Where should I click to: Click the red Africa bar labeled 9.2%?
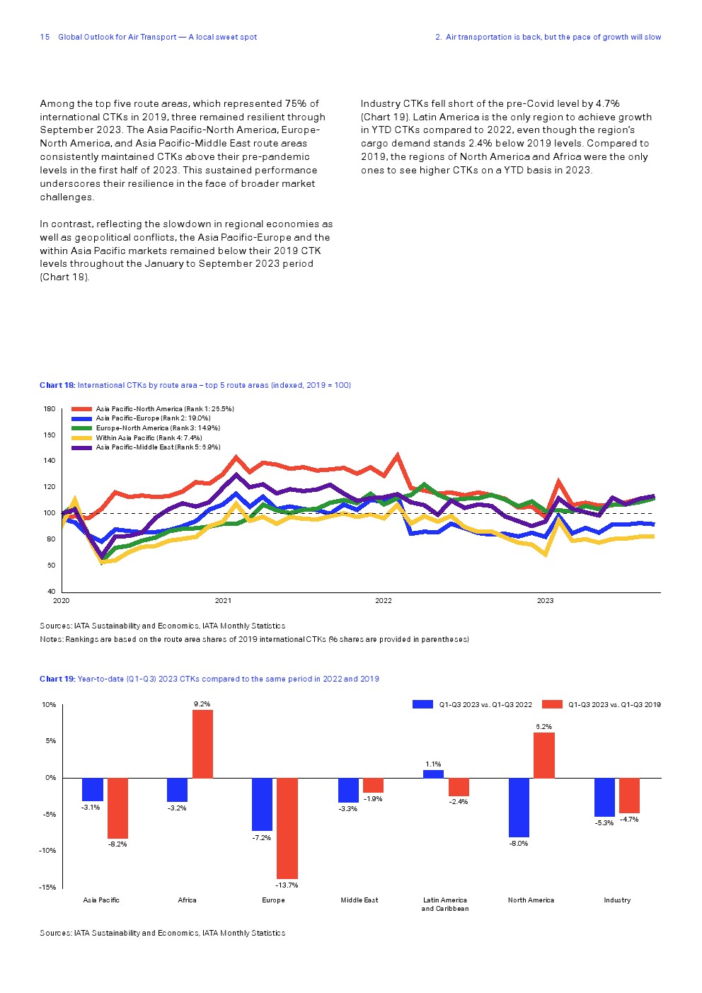[202, 743]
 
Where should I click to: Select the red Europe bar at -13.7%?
[287, 828]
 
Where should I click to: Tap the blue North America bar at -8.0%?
[519, 807]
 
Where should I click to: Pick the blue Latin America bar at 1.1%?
[433, 774]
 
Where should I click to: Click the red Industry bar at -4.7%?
[629, 795]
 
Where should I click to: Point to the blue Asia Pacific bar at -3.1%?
[93, 789]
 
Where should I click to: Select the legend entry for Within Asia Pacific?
[149, 437]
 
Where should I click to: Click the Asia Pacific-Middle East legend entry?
[158, 447]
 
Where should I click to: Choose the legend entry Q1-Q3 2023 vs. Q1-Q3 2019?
[614, 704]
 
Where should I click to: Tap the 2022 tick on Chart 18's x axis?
[384, 601]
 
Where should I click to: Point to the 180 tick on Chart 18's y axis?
[50, 408]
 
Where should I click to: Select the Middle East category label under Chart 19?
[359, 900]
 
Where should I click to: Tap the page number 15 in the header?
[45, 37]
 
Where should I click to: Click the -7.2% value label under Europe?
[261, 838]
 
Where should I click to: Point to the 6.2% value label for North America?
[543, 727]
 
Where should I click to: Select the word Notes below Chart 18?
[51, 639]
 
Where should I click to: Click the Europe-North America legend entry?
[158, 427]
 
